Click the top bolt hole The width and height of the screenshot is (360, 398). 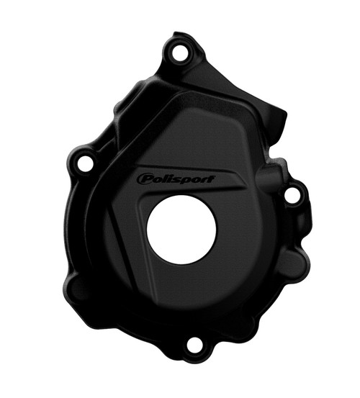tap(175, 52)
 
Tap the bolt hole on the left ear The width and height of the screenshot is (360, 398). tap(84, 163)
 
